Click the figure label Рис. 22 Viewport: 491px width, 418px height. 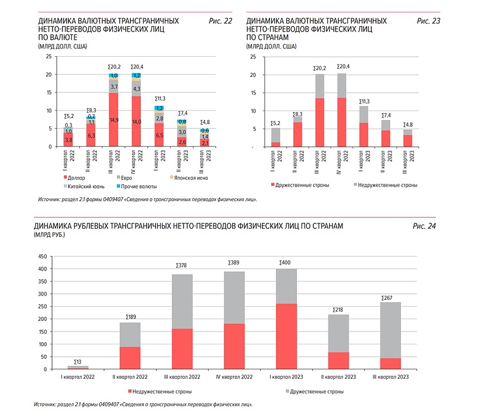coord(220,21)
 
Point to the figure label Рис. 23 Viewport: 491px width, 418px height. coord(428,21)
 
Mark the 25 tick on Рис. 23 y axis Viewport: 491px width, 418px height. coord(252,57)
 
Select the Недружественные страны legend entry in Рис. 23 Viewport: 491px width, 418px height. coord(385,185)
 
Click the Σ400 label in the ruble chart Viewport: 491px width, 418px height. coord(285,262)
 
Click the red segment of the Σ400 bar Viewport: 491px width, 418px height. coord(285,336)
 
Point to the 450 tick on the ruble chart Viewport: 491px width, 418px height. coord(42,257)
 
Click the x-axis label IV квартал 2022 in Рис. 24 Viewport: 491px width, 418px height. coord(234,377)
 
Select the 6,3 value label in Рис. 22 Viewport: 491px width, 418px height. coord(91,136)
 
